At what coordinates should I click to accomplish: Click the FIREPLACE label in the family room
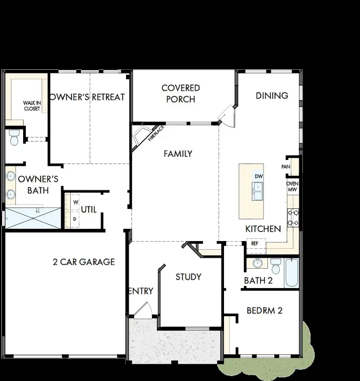click(x=155, y=134)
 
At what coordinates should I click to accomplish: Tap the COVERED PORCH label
click(x=180, y=93)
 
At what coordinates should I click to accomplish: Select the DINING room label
click(x=272, y=96)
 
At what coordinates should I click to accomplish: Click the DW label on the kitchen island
click(x=258, y=176)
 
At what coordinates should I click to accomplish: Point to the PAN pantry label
click(x=286, y=167)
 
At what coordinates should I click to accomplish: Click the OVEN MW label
click(x=292, y=186)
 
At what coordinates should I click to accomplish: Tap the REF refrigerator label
click(x=255, y=243)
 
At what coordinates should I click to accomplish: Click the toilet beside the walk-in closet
click(x=14, y=137)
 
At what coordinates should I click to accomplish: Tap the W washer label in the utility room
click(x=76, y=202)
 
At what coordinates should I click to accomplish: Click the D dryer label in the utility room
click(x=75, y=219)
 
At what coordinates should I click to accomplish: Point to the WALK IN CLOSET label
click(x=32, y=106)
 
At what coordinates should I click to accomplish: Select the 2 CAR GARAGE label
click(x=84, y=262)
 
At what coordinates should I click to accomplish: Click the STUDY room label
click(x=188, y=277)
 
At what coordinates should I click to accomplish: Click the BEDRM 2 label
click(x=264, y=311)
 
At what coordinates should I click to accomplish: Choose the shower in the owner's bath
click(x=33, y=218)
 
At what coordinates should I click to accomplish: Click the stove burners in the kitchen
click(x=292, y=217)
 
